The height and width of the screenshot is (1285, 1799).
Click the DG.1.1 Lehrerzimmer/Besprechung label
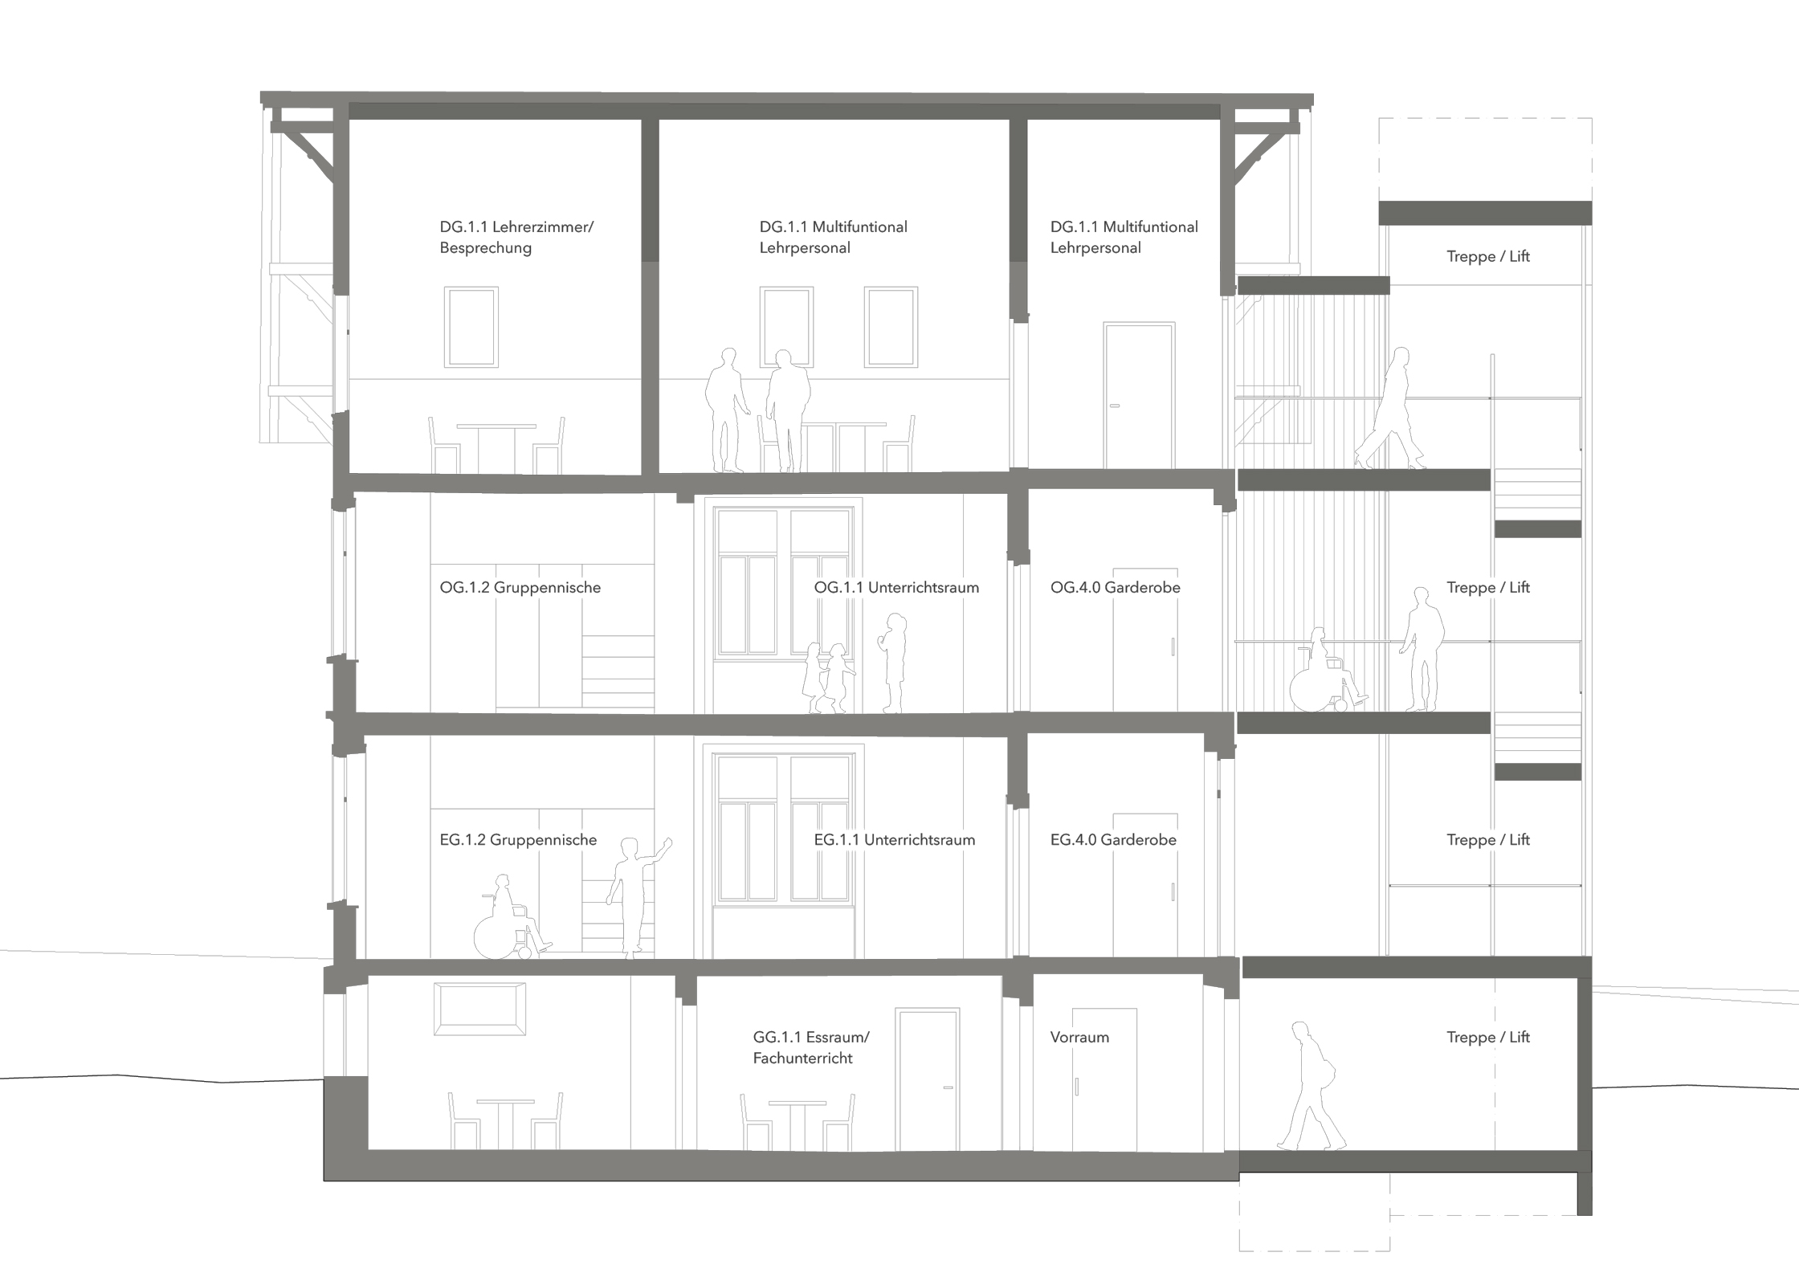point(516,237)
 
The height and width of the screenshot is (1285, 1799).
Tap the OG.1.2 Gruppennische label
point(520,587)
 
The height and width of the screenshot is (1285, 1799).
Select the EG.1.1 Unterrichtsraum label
point(894,839)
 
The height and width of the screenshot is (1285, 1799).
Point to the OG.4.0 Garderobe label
point(1115,587)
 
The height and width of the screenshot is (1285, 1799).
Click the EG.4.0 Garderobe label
point(1113,839)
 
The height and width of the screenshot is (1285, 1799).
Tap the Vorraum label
point(1079,1037)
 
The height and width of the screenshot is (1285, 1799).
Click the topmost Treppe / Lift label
point(1487,256)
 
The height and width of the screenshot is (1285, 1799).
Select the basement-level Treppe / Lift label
point(1487,1037)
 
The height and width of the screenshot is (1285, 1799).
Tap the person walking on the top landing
point(1390,408)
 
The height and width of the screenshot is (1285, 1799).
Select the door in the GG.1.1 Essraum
point(928,1079)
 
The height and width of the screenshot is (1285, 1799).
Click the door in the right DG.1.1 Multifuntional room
point(1139,395)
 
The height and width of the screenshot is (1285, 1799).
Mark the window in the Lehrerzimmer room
point(471,328)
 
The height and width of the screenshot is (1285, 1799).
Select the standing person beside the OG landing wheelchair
point(1422,649)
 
